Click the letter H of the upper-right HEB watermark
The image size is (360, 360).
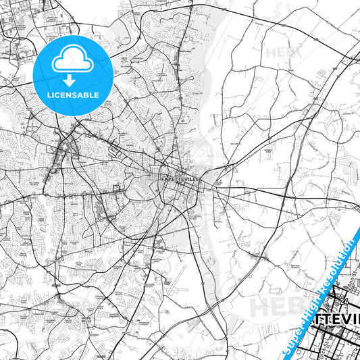[272, 52]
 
